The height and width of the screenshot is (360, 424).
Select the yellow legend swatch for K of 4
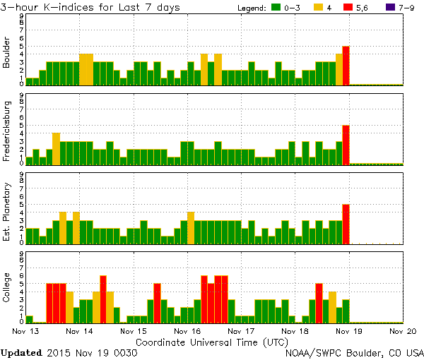319,7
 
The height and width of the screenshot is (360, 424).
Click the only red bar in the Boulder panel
346,66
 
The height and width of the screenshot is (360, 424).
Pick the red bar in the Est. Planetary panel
346,224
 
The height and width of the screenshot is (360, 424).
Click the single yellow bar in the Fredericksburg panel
56,148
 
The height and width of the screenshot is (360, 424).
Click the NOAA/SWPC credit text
354,352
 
